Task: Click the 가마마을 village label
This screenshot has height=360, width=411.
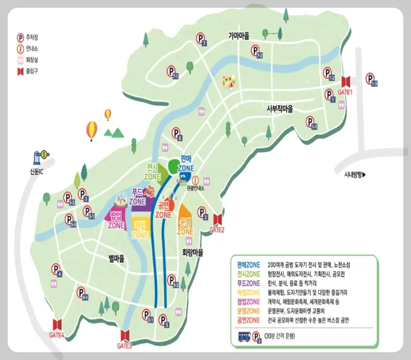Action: point(238,36)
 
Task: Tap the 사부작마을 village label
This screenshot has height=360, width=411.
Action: point(279,109)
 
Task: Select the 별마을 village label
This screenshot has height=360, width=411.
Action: point(117,258)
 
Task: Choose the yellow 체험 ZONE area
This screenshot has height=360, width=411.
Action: point(140,229)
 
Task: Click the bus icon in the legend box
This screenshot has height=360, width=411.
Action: point(246,337)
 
